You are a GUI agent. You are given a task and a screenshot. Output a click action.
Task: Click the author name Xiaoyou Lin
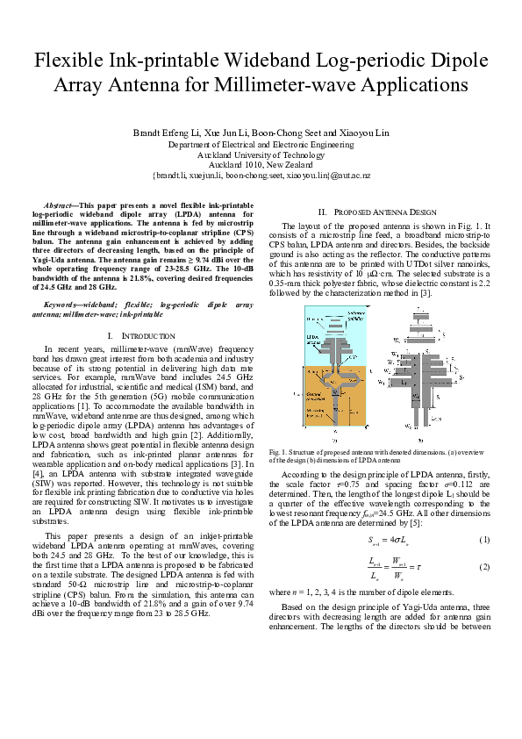tap(359, 133)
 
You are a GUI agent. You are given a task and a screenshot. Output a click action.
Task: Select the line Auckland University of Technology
tap(261, 154)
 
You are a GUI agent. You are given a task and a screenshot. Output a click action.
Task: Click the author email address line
tap(261, 175)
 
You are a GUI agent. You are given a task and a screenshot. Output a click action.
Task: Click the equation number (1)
tap(483, 538)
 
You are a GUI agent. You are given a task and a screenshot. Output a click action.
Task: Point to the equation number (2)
tap(483, 568)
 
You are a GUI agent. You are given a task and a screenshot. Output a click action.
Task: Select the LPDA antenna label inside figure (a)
tap(313, 336)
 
